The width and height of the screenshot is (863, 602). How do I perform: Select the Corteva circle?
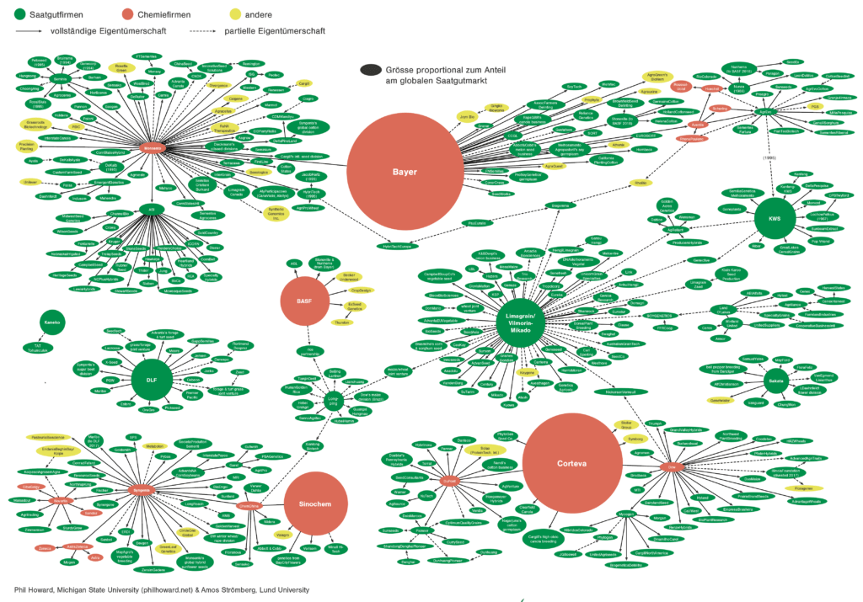(572, 462)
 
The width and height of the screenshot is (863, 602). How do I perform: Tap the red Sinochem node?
(317, 503)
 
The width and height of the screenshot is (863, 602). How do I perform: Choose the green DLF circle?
(152, 380)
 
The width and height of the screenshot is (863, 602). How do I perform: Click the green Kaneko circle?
(50, 322)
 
